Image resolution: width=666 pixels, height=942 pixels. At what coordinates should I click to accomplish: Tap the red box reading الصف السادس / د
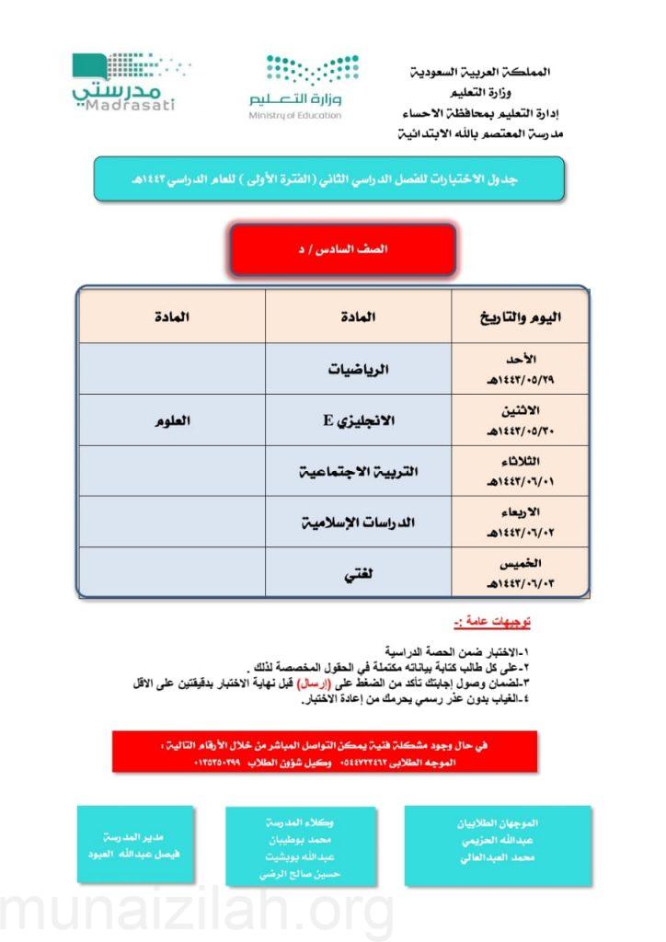click(343, 249)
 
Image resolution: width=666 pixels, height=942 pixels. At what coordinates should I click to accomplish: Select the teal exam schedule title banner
click(328, 179)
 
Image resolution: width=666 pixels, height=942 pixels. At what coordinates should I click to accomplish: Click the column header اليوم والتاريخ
click(521, 317)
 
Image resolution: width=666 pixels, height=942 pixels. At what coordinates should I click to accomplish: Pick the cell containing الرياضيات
click(359, 370)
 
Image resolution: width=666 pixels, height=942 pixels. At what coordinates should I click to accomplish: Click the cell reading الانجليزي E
click(359, 420)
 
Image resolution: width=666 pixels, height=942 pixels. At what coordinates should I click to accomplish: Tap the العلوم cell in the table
click(173, 420)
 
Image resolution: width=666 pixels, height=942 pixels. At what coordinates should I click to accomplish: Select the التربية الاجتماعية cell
click(359, 471)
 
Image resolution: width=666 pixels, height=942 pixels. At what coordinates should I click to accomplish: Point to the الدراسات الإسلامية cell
click(359, 523)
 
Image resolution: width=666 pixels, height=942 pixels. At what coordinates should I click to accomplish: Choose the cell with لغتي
click(359, 573)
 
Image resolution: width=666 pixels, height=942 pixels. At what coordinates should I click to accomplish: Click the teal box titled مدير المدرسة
click(135, 844)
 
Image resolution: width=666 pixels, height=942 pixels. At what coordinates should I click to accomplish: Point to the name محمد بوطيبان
click(301, 840)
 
